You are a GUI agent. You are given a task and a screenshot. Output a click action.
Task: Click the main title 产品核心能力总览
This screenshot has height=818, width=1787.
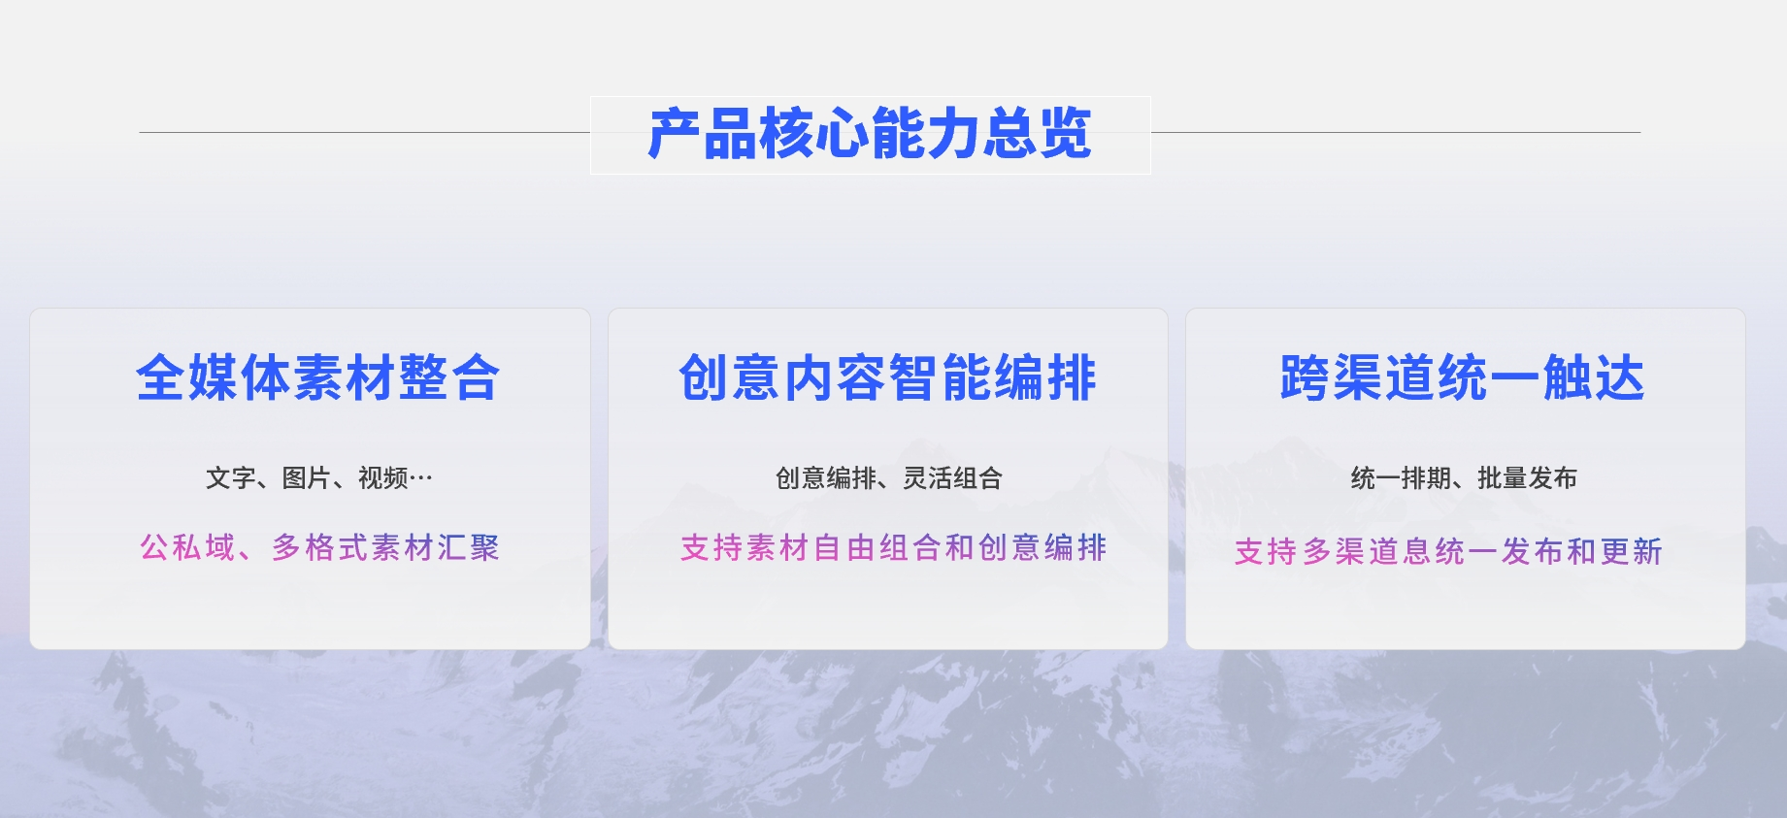pos(870,134)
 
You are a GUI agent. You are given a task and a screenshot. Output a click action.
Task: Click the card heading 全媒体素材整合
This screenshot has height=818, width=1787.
pos(318,377)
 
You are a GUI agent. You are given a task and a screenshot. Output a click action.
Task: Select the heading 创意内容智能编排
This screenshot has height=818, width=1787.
pos(888,377)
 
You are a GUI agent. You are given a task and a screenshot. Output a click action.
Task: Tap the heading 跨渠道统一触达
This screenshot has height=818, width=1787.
pos(1463,377)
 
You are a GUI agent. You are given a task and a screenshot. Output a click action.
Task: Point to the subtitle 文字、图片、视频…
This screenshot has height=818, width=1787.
pos(319,477)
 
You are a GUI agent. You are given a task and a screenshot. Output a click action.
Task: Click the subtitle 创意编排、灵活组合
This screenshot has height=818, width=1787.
pos(889,477)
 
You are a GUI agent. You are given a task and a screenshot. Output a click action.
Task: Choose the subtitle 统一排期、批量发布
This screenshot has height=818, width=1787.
pos(1464,477)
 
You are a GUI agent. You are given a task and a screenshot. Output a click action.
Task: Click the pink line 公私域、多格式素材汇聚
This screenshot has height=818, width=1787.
pos(319,547)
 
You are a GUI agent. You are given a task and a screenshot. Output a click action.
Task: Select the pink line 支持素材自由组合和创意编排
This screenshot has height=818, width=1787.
pos(894,547)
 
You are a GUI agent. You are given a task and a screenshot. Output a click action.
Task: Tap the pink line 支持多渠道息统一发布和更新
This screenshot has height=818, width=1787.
pos(1448,551)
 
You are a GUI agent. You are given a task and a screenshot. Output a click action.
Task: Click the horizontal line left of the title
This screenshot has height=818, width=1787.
pos(365,132)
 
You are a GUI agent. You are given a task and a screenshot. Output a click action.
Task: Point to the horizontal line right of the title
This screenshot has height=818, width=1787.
pos(1396,132)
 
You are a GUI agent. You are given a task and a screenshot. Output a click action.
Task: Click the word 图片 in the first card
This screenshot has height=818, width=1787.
pos(307,477)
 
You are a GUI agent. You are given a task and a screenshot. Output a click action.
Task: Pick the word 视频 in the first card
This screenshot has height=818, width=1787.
pos(383,477)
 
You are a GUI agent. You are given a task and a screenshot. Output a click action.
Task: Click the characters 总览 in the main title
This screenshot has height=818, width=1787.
pos(1038,134)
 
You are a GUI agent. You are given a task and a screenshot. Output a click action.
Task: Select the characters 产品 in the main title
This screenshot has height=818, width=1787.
pos(703,134)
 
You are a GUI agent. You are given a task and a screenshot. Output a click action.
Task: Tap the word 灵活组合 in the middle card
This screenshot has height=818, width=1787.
pos(953,477)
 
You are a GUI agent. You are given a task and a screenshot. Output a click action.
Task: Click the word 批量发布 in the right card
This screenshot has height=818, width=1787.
pos(1528,477)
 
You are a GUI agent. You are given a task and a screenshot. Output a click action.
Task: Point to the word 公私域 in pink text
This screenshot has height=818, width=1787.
pos(188,547)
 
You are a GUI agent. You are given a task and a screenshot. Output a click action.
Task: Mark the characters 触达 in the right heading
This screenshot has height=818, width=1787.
pos(1595,377)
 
